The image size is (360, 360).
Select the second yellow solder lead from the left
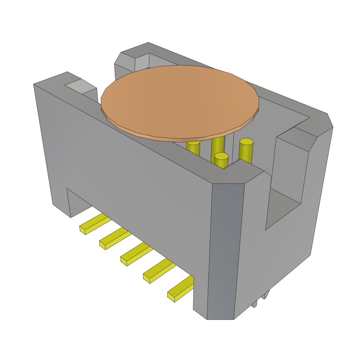point(115,238)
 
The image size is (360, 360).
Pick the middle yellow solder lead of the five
point(136,253)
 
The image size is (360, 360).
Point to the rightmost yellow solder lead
point(181,289)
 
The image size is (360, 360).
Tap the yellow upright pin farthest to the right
point(246,149)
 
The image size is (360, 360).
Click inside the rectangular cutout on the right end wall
point(281,207)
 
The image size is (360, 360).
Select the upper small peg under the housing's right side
point(266,294)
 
